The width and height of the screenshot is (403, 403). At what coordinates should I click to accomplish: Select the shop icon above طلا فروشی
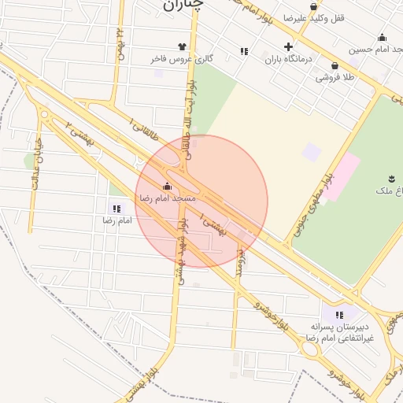(335, 66)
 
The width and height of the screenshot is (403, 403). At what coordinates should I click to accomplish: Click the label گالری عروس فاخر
(183, 59)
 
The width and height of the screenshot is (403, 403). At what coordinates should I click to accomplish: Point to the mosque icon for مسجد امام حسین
(383, 37)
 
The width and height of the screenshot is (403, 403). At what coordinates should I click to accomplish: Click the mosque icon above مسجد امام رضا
(167, 187)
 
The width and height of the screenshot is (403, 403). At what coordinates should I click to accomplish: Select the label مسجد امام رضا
(167, 199)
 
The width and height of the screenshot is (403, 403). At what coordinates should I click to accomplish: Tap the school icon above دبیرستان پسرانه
(339, 315)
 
